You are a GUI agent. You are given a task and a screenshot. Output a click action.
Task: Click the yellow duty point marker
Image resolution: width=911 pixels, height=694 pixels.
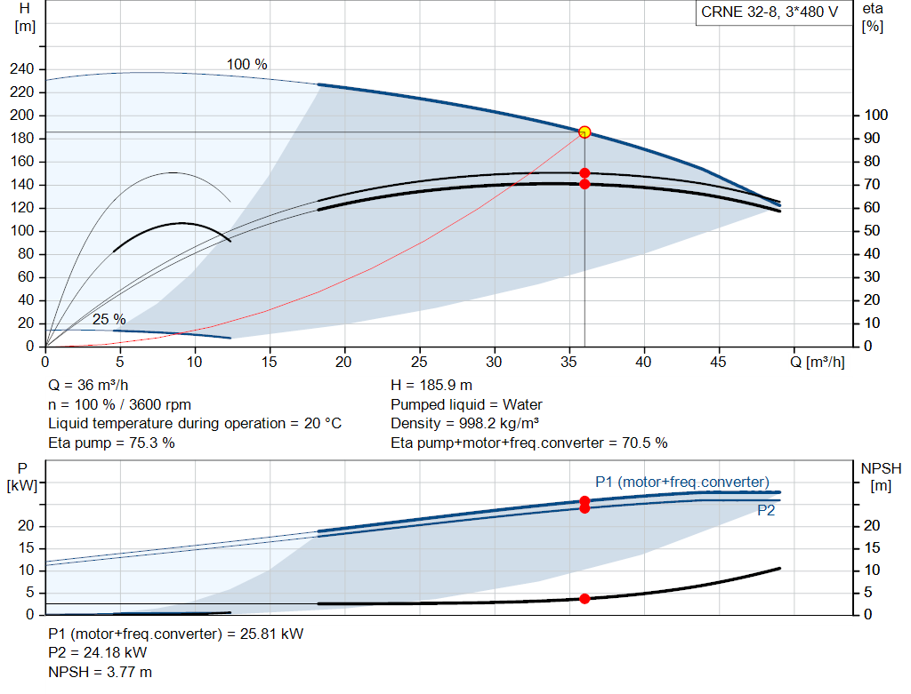[x=584, y=132]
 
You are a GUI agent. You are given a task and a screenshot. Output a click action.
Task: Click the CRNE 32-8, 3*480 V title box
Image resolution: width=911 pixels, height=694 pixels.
[x=770, y=12]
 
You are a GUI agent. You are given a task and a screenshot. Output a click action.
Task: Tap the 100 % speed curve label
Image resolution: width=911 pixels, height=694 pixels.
[x=247, y=64]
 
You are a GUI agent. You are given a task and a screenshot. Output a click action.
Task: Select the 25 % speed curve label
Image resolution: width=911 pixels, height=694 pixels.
[x=109, y=319]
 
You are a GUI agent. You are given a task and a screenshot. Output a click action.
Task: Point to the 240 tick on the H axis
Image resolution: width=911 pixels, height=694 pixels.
[x=22, y=69]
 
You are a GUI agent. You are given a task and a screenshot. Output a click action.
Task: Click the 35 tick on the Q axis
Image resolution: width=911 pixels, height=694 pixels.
[x=568, y=362]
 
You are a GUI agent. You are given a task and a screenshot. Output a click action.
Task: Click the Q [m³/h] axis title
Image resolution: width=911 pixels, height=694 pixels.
[x=817, y=362]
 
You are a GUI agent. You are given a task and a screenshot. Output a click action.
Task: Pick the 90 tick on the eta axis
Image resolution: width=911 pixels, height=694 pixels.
[x=872, y=138]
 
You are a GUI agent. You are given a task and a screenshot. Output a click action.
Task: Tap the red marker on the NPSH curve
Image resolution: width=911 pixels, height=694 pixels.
[x=584, y=599]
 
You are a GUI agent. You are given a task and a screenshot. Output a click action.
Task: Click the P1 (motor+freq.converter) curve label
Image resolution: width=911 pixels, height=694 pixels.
[x=682, y=483]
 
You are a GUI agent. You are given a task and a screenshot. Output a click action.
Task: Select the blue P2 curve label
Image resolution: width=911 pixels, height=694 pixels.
[x=766, y=511]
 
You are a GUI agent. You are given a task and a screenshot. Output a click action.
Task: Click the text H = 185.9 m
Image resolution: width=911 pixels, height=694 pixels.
[x=431, y=386]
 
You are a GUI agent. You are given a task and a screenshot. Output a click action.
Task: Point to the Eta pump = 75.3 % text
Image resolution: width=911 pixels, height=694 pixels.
[x=111, y=443]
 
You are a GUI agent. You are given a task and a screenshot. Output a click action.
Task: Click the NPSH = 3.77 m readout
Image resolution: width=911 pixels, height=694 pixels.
[x=100, y=673]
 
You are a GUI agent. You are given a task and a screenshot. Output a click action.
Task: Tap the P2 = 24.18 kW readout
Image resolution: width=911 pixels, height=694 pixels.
[x=98, y=653]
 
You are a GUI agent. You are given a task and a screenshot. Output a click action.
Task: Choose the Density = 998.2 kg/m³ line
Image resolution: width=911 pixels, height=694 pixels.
[x=464, y=424]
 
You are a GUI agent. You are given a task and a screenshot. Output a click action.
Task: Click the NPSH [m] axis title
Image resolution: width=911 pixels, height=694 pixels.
[x=881, y=477]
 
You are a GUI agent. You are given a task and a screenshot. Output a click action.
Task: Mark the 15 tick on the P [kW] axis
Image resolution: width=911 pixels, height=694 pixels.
[x=26, y=548]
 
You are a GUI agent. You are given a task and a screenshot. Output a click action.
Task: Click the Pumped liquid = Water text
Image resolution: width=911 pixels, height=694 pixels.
[x=466, y=404]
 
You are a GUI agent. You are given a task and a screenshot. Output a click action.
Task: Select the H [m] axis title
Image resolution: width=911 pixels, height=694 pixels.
[x=25, y=18]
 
